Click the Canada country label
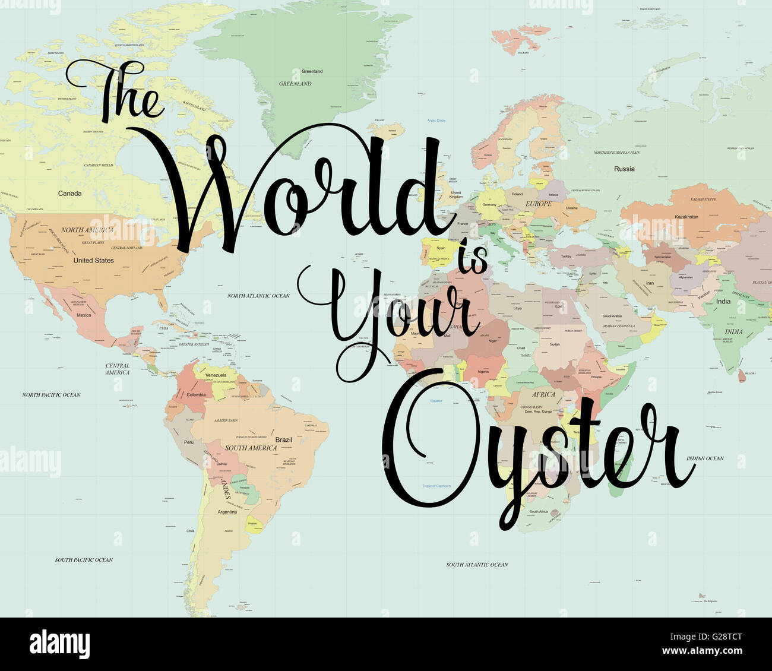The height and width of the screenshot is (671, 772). tap(70, 194)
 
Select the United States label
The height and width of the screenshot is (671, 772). tap(93, 261)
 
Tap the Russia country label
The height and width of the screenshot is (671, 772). tap(624, 169)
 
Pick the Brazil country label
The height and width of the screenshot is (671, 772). tap(284, 440)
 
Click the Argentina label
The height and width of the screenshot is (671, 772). tap(227, 512)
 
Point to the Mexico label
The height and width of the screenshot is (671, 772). tap(84, 315)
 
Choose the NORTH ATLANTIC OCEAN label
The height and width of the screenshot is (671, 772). tap(258, 296)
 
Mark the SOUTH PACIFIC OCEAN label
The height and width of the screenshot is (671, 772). tap(84, 560)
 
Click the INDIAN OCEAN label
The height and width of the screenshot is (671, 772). tap(705, 458)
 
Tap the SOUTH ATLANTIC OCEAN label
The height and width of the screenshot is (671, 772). tap(477, 565)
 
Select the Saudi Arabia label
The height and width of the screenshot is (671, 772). tap(612, 316)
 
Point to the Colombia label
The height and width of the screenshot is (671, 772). tap(196, 395)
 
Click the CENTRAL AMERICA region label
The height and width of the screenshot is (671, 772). tap(118, 369)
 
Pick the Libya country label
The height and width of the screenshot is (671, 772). tap(518, 309)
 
